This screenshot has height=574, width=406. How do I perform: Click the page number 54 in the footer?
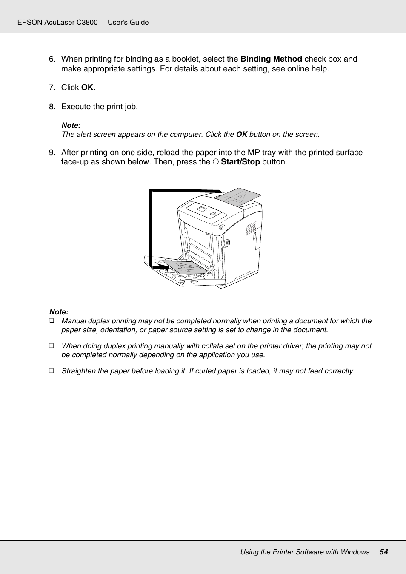coord(383,552)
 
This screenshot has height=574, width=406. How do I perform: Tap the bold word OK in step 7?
coord(87,88)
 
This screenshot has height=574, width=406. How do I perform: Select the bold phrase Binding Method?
coord(271,59)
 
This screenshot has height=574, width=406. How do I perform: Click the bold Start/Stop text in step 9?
coord(240,162)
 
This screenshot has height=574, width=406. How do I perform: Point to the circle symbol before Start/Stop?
coord(216,162)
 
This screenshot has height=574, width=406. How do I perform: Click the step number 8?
coord(52,107)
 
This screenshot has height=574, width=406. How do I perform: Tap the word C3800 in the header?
coord(87,22)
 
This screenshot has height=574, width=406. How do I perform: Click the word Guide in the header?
coord(140,22)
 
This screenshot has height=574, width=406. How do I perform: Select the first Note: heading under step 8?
coord(71,125)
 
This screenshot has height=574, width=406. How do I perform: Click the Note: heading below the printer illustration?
coord(59,312)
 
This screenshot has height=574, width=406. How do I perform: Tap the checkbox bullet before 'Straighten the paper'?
coord(51,371)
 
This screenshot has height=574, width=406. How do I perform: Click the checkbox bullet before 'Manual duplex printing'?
coord(51,321)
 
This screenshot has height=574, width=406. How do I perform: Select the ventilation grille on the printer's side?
coord(252,228)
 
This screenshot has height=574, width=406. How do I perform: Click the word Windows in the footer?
coord(355,552)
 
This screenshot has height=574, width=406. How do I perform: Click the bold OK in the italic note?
coord(242,135)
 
